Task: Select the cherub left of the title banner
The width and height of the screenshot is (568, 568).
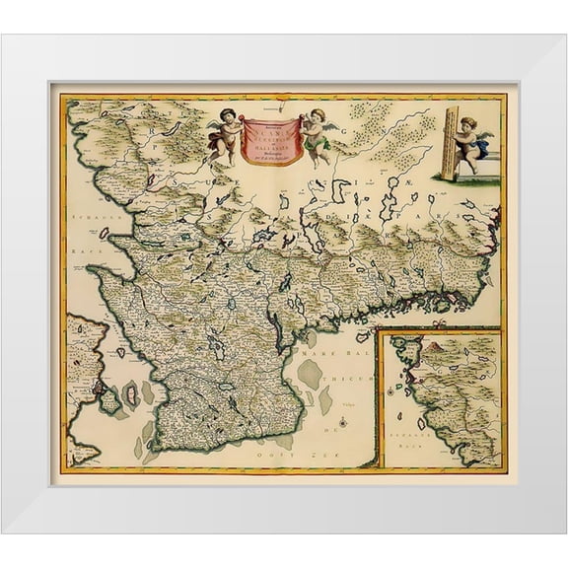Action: click(225, 132)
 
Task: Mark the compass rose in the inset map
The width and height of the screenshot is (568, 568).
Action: click(394, 391)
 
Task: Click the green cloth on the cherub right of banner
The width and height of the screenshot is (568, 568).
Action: click(317, 145)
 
